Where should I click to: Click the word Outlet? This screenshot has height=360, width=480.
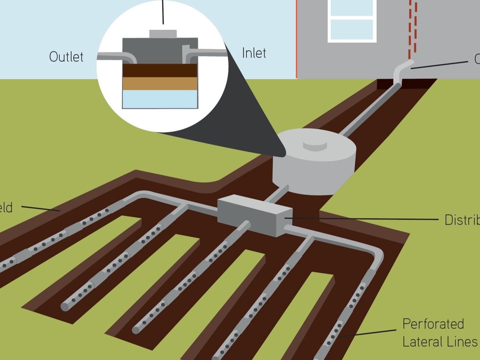coord(66,56)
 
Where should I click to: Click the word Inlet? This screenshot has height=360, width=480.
coord(254,53)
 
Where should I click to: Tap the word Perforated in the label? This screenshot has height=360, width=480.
coord(433,324)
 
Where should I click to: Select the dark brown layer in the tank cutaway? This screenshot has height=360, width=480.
coord(160,70)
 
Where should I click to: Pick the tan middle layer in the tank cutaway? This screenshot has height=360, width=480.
coord(160,83)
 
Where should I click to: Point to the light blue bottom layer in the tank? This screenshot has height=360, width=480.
coord(160,99)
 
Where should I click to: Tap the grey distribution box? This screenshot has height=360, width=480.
coord(255,214)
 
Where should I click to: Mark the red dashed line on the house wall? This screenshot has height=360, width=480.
coord(413,28)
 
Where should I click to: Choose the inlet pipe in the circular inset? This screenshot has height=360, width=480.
coord(204,52)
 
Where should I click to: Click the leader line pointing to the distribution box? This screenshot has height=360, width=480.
coord(360,219)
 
